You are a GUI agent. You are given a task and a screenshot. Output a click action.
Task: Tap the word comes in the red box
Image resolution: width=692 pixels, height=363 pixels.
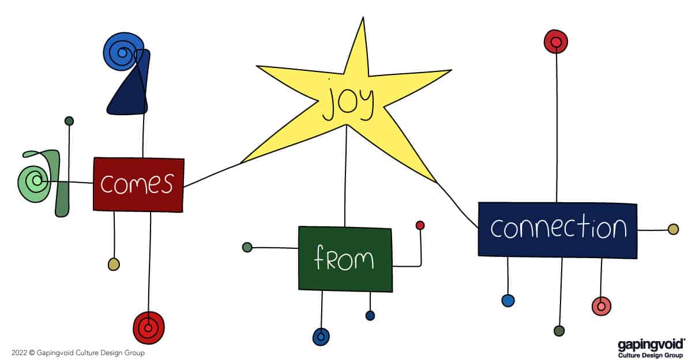point(137,184)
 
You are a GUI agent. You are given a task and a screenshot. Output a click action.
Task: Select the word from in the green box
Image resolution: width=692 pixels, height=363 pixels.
point(344,259)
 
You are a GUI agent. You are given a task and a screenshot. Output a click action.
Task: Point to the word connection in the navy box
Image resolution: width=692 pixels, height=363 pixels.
point(558,228)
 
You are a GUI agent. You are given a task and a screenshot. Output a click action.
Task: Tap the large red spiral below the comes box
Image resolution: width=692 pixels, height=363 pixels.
point(149,328)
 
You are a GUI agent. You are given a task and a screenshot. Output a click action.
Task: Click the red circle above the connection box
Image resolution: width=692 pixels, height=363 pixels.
point(556,41)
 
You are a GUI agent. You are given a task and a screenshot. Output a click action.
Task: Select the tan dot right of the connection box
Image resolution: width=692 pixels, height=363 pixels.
point(673,229)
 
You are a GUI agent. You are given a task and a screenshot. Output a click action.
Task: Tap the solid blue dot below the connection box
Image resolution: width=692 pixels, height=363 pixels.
point(508,300)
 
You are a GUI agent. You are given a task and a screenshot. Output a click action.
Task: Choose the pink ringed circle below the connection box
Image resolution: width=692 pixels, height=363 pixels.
point(601,305)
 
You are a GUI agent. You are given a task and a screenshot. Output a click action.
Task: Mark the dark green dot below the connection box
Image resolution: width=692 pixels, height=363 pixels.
point(559,331)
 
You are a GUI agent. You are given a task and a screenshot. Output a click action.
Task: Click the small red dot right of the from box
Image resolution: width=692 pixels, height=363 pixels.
point(420,225)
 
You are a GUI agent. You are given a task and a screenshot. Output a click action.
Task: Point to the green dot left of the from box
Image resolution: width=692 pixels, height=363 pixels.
point(247,247)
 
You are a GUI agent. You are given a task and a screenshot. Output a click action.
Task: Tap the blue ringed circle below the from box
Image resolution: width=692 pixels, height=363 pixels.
point(321,336)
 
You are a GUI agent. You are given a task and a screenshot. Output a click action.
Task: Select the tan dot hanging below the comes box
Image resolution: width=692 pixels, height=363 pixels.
point(114,264)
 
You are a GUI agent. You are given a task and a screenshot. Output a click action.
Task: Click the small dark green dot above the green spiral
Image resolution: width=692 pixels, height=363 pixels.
point(69,121)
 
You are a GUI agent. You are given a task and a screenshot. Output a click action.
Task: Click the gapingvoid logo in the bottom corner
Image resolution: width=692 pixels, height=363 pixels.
point(650,348)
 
